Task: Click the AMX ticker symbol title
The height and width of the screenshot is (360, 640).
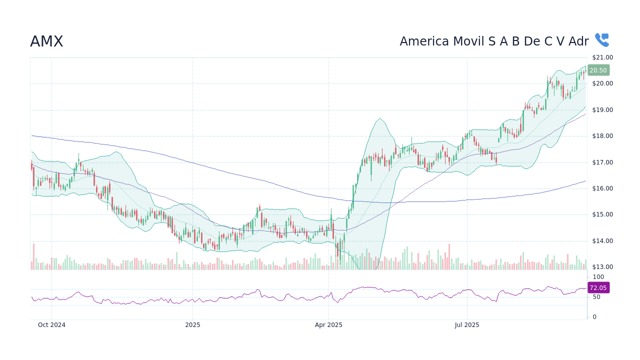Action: [46, 42]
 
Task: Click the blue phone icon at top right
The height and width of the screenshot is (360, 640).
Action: [601, 40]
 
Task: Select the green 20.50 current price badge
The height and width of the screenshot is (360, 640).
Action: [598, 70]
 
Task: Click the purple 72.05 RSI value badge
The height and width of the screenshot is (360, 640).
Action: [598, 288]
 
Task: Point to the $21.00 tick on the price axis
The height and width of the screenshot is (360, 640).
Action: [602, 57]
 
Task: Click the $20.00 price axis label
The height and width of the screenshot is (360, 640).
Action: [602, 83]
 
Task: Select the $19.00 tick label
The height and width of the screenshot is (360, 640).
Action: [602, 110]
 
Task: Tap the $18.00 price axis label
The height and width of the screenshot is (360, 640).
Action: [602, 136]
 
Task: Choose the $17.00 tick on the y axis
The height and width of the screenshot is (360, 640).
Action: [602, 162]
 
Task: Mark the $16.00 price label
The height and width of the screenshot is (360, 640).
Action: [602, 188]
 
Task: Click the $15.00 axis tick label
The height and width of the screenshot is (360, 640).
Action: [602, 214]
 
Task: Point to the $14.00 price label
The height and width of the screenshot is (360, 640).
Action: [602, 241]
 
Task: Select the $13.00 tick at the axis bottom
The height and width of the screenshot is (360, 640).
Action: [602, 267]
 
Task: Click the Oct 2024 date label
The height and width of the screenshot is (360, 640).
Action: [51, 325]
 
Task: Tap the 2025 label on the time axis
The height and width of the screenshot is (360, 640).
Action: [192, 325]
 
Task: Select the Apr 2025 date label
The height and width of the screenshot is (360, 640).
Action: [328, 325]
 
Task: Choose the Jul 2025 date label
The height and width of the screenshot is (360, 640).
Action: [467, 325]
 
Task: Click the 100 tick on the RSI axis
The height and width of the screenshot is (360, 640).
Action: [598, 277]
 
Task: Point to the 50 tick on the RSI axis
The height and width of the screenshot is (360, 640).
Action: [596, 297]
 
